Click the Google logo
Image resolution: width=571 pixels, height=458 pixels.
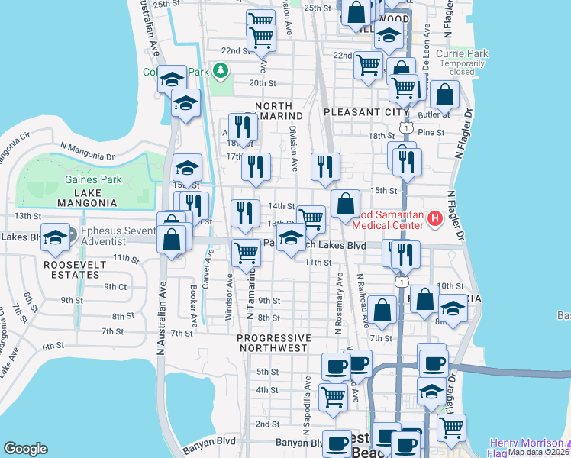click(25, 449)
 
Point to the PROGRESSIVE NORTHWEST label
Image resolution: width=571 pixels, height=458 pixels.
click(274, 343)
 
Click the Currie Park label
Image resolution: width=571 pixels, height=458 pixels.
click(461, 54)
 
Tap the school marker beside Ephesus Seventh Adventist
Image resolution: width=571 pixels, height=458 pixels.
click(56, 237)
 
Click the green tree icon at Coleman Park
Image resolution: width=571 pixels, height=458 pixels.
click(221, 72)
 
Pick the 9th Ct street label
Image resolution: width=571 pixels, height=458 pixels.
click(115, 286)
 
